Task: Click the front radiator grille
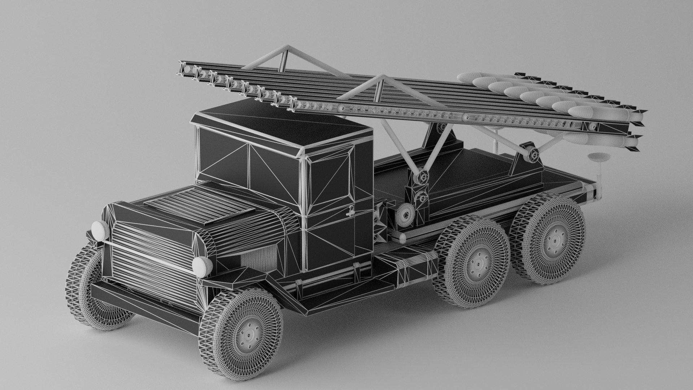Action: tap(152, 249)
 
